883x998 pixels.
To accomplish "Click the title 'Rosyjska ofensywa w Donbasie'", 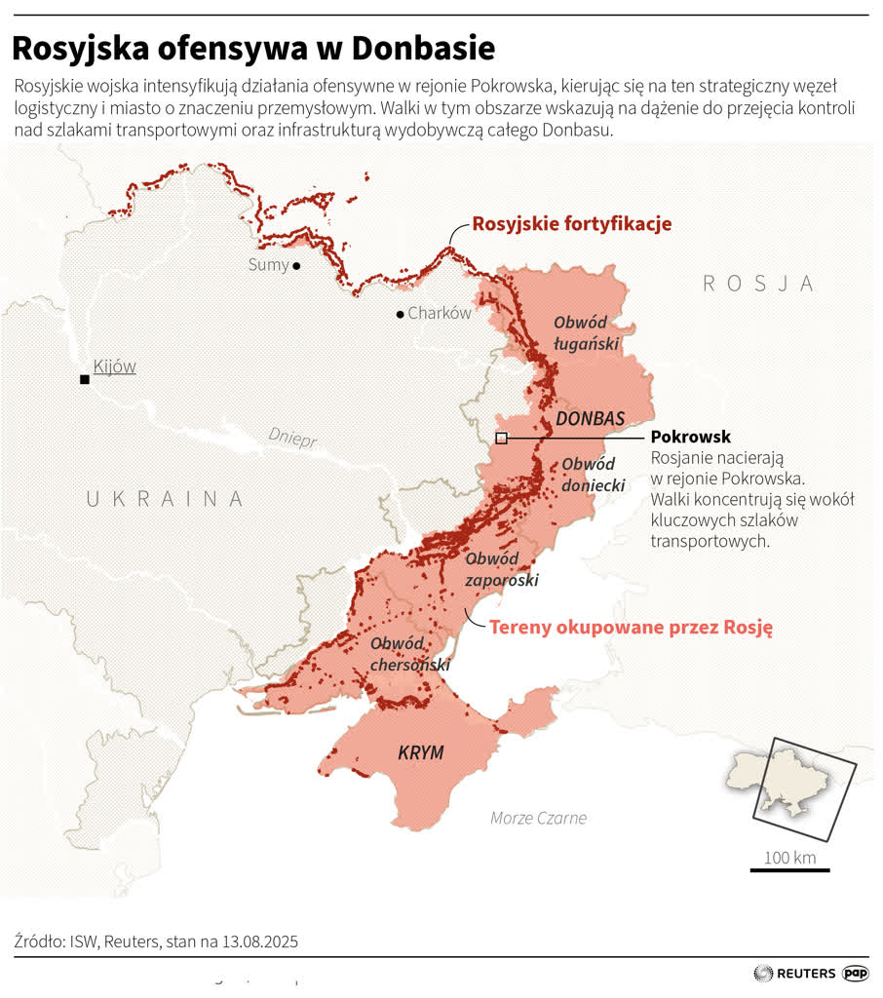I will [x=253, y=48].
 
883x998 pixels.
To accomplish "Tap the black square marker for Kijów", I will [x=85, y=379].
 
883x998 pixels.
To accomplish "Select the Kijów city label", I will [x=115, y=366].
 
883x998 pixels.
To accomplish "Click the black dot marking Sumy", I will [x=296, y=265].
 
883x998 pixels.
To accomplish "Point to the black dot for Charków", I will [x=400, y=314].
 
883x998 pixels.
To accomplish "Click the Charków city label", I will [x=440, y=314].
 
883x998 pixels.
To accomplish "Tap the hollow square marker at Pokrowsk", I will [x=501, y=439].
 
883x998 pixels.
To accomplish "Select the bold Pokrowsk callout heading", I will [x=690, y=437].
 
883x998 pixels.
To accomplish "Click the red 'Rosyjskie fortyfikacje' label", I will [x=572, y=224].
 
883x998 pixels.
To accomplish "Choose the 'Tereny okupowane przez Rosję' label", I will [x=631, y=628].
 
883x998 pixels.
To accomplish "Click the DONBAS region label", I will [x=590, y=418].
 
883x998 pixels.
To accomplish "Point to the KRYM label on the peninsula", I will [x=421, y=752].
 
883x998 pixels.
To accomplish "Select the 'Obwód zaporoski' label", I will [x=501, y=569].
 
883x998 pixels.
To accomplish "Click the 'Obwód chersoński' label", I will [x=409, y=654].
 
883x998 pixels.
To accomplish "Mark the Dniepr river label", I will [x=293, y=439].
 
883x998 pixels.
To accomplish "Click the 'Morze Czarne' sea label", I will [x=538, y=818].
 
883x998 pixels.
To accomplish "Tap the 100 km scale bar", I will [x=789, y=868].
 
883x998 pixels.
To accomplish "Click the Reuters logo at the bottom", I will [x=795, y=973].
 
